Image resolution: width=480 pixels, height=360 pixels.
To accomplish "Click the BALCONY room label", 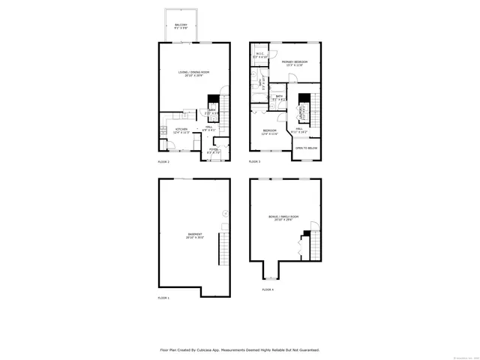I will tap(181, 26).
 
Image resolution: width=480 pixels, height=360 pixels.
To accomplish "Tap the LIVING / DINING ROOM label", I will tap(193, 73).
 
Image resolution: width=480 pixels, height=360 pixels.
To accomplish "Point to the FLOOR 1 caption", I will tap(163, 298).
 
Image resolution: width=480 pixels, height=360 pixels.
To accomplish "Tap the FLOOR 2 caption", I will tap(163, 162).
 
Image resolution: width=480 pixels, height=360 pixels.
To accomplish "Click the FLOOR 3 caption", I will tap(255, 162).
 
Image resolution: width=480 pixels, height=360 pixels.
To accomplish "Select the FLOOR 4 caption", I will tap(268, 289).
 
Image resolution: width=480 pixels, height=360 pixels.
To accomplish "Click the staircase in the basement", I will tap(222, 250).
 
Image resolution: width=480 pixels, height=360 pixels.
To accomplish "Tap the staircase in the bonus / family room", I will tap(315, 244).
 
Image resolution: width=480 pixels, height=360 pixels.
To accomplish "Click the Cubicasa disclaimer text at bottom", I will tap(239, 349).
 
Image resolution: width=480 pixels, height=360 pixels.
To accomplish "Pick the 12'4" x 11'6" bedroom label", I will tap(269, 133).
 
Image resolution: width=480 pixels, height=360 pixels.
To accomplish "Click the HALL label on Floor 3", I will tap(298, 130).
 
